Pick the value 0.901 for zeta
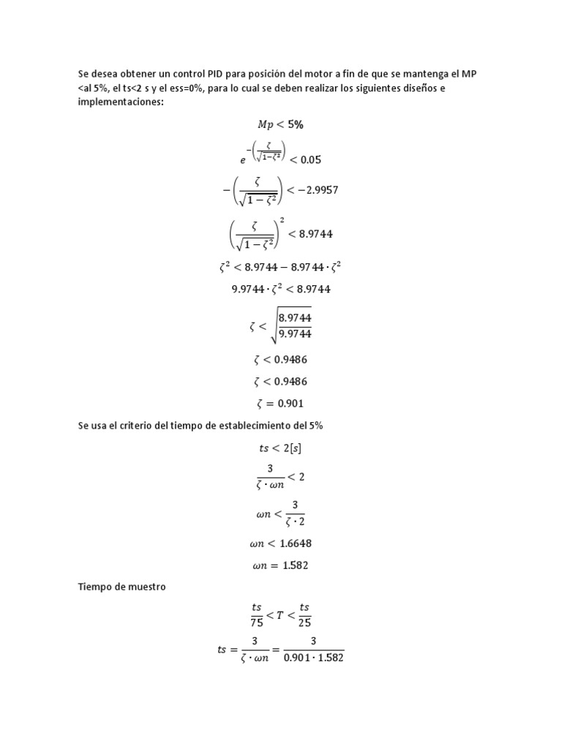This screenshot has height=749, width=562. tap(291, 403)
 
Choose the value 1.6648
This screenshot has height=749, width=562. tap(296, 543)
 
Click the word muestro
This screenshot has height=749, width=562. tap(148, 587)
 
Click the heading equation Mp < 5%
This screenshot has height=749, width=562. tap(281, 124)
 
